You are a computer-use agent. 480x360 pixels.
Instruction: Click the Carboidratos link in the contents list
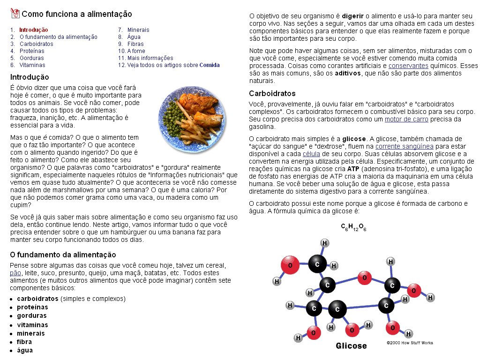(x=36, y=44)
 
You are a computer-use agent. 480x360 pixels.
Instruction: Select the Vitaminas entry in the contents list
(x=32, y=65)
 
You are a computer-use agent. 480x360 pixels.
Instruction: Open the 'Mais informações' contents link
(x=150, y=58)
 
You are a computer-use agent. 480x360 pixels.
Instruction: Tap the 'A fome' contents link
(x=136, y=51)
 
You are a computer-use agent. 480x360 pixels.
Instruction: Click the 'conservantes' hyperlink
(x=408, y=66)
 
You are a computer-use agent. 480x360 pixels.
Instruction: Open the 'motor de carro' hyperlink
(x=406, y=120)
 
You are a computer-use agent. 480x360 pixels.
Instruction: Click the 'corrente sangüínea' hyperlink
(x=404, y=147)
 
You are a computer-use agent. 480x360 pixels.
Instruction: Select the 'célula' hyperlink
(x=311, y=154)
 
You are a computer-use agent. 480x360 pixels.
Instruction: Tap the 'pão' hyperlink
(x=15, y=273)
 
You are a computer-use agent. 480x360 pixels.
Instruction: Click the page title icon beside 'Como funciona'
(x=15, y=14)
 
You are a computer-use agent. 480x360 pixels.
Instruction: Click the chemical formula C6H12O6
(x=353, y=228)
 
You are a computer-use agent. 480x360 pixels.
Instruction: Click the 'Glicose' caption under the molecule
(x=351, y=346)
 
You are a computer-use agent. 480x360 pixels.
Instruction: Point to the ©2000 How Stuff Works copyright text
(x=410, y=343)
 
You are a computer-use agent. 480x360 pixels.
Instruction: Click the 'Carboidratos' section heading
(x=272, y=93)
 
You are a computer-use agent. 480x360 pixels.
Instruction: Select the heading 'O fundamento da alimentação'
(x=63, y=255)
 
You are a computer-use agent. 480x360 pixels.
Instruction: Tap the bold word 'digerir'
(x=352, y=16)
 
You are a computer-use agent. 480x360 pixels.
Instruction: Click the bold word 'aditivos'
(x=347, y=74)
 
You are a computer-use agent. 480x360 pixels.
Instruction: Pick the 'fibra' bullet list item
(x=24, y=342)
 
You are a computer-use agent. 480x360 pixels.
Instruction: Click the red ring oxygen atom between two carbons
(x=364, y=278)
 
